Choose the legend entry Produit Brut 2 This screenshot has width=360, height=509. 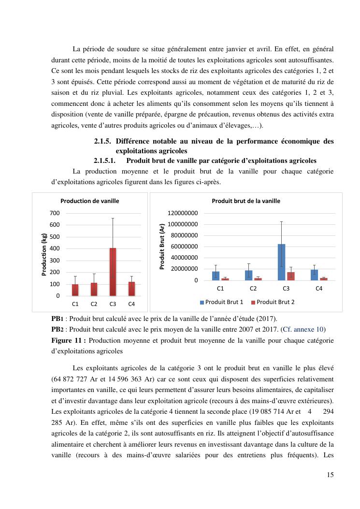[x=273, y=302]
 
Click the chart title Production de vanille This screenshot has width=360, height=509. [x=89, y=201]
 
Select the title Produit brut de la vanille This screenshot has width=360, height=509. [x=246, y=201]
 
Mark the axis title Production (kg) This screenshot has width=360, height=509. [x=44, y=254]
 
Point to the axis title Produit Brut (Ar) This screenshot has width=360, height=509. [x=162, y=247]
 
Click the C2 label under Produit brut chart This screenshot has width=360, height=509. [x=253, y=289]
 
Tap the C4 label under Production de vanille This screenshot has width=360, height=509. [x=131, y=305]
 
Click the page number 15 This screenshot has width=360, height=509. [x=330, y=475]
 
